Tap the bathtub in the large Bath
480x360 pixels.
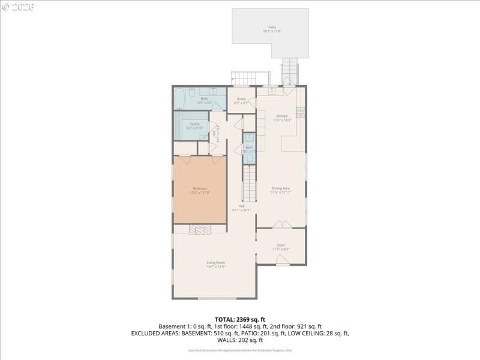coord(181,98)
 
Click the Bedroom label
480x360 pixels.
coord(199,190)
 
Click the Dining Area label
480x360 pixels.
coord(280,190)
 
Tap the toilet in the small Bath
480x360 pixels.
coord(249,158)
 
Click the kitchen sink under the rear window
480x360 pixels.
coord(272,91)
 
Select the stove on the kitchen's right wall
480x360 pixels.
coord(301,112)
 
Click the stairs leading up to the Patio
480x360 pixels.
coord(290,72)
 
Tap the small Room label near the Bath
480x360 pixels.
coord(241,100)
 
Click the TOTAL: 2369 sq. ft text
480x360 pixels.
coord(240,319)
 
